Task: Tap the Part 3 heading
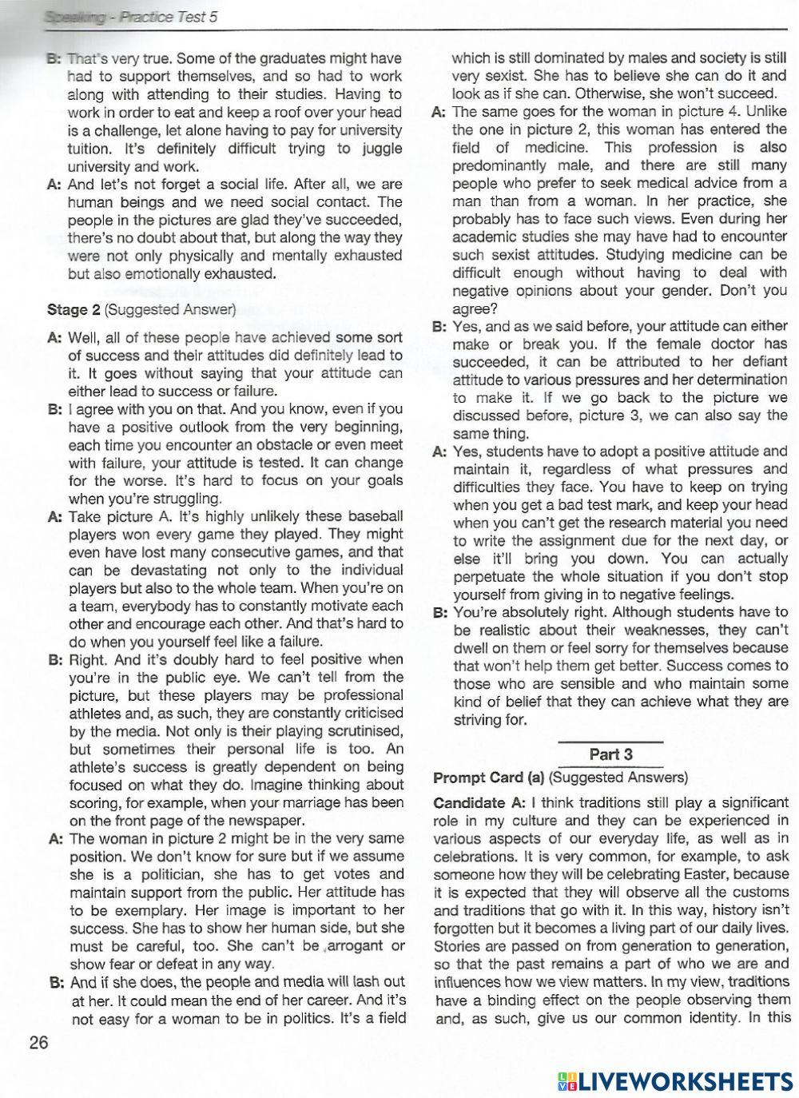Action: pos(610,754)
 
